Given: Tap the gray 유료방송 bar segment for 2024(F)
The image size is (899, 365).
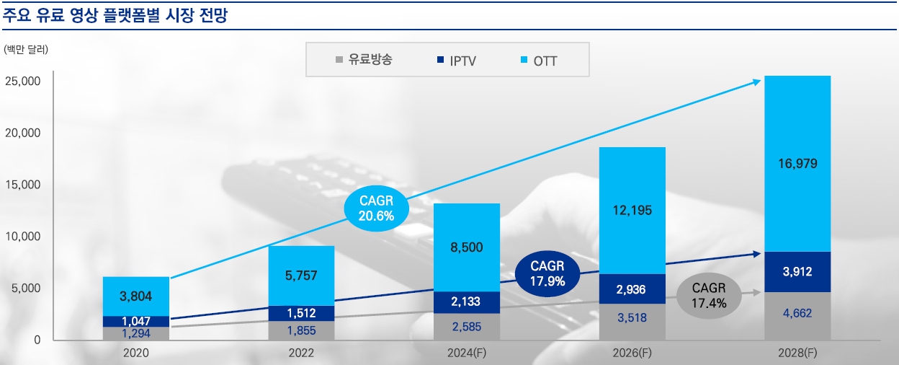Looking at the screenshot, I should (467, 326).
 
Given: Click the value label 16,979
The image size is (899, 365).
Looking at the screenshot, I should (797, 164).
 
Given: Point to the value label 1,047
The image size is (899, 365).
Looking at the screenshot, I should (135, 321).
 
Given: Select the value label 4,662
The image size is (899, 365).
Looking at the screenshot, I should (797, 314).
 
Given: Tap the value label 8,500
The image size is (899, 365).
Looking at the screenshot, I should (467, 247).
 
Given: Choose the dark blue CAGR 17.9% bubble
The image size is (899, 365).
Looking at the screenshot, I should (547, 272).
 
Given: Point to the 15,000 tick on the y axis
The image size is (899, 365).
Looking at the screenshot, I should (24, 185).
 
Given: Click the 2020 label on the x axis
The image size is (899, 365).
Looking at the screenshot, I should (135, 353).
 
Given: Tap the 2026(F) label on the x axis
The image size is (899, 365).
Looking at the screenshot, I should (632, 353).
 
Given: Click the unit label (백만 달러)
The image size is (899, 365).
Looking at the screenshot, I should (26, 50).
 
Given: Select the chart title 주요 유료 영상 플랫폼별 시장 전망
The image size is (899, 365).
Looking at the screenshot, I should (115, 14).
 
